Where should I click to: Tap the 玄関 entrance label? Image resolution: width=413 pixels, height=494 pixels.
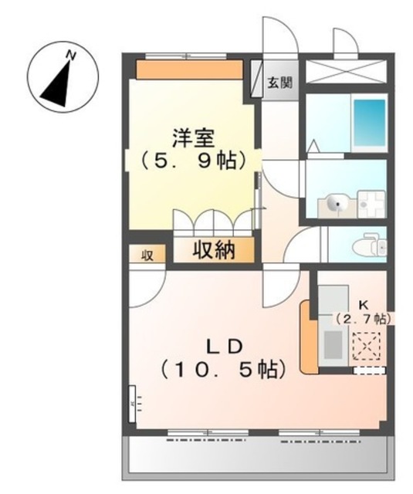pyautogui.click(x=279, y=83)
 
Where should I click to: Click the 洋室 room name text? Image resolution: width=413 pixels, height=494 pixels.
pyautogui.click(x=193, y=139)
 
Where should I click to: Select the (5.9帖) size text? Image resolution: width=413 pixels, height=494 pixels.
pyautogui.click(x=193, y=161)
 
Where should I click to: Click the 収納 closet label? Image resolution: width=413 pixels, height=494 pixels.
pyautogui.click(x=212, y=250)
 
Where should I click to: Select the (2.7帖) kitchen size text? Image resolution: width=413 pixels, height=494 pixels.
pyautogui.click(x=362, y=317)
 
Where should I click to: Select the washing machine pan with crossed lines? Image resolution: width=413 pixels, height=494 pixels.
pyautogui.click(x=374, y=203)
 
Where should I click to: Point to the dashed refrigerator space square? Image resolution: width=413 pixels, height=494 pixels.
pyautogui.click(x=368, y=344)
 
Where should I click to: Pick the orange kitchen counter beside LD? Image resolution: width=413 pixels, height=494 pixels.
pyautogui.click(x=306, y=337)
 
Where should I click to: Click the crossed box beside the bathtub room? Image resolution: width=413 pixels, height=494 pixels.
pyautogui.click(x=346, y=71)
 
